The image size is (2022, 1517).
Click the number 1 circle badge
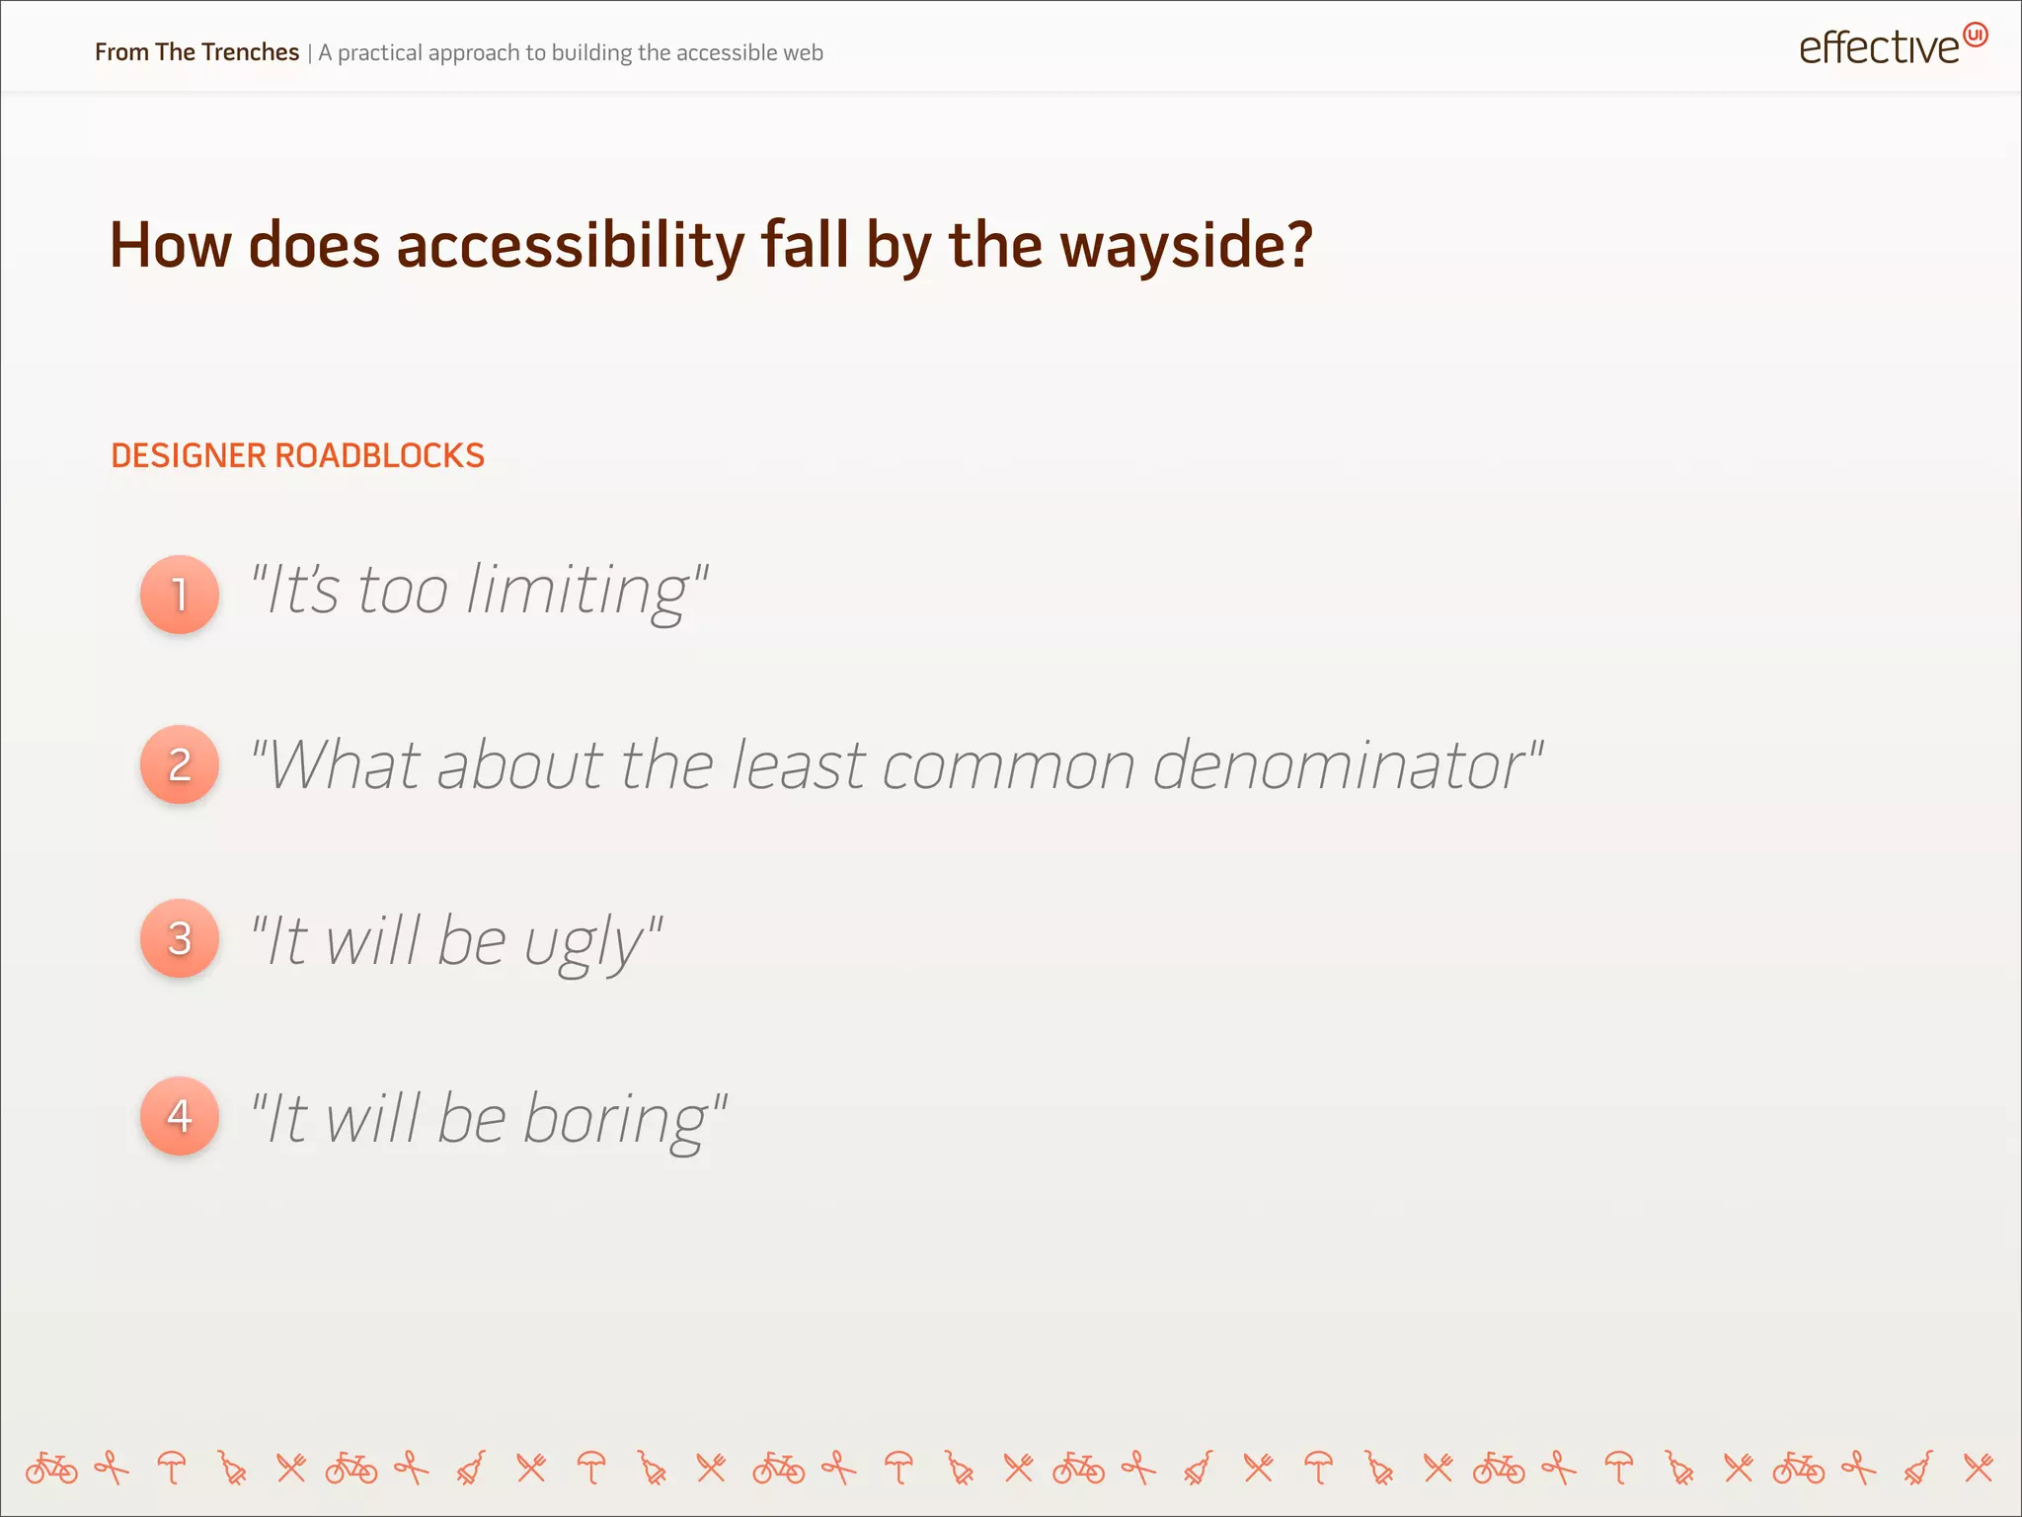[x=180, y=595]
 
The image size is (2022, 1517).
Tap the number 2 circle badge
[x=180, y=764]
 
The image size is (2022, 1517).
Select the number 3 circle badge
[x=180, y=938]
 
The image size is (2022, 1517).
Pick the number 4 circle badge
[x=180, y=1116]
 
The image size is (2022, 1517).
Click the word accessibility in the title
[x=570, y=245]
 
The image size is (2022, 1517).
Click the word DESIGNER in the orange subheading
[x=188, y=456]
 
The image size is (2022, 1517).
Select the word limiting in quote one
[x=579, y=591]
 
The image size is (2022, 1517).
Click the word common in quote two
[x=1008, y=766]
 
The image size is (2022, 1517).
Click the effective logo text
[x=1878, y=48]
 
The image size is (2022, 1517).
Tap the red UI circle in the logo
[x=1975, y=35]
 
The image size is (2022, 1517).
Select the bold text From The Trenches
[x=196, y=52]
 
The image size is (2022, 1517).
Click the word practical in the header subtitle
[x=380, y=53]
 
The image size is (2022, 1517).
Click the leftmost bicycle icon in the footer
[x=51, y=1469]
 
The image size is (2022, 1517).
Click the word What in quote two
[x=346, y=766]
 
